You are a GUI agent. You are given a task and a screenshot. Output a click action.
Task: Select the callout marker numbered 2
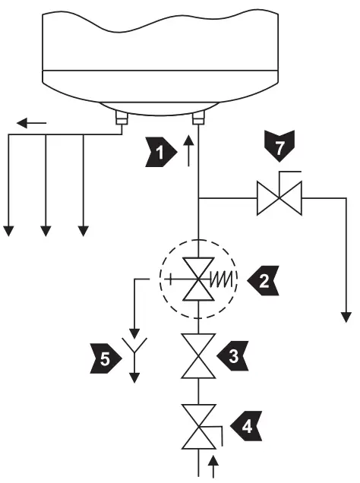point(260,280)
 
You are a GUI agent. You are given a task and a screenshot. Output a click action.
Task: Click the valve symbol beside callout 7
point(278,200)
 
